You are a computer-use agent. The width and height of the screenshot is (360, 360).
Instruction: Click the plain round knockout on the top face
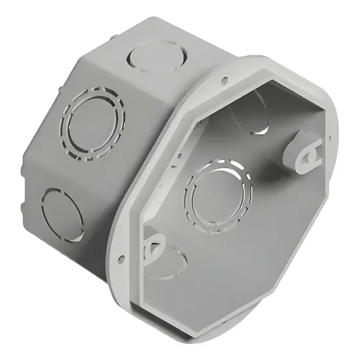point(152,58)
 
